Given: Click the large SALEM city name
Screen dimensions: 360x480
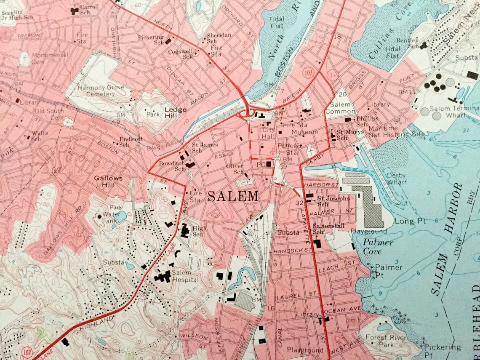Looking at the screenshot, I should (x=233, y=196).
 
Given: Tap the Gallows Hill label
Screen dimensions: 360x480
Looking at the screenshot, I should (x=108, y=181).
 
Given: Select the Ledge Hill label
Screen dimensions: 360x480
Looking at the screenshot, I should (x=176, y=112).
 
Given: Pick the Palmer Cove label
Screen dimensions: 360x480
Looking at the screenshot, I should (x=378, y=247).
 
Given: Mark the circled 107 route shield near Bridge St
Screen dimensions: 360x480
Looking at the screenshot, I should (x=308, y=72).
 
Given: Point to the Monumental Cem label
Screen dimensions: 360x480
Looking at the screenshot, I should (x=49, y=58).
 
